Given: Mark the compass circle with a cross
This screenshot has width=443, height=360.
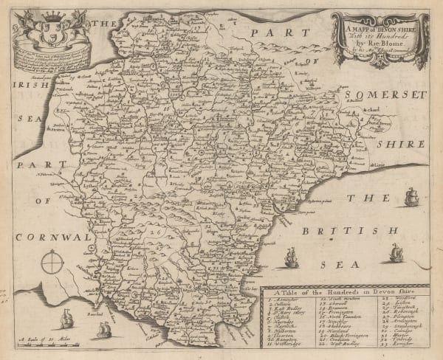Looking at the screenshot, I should pyautogui.click(x=53, y=261).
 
